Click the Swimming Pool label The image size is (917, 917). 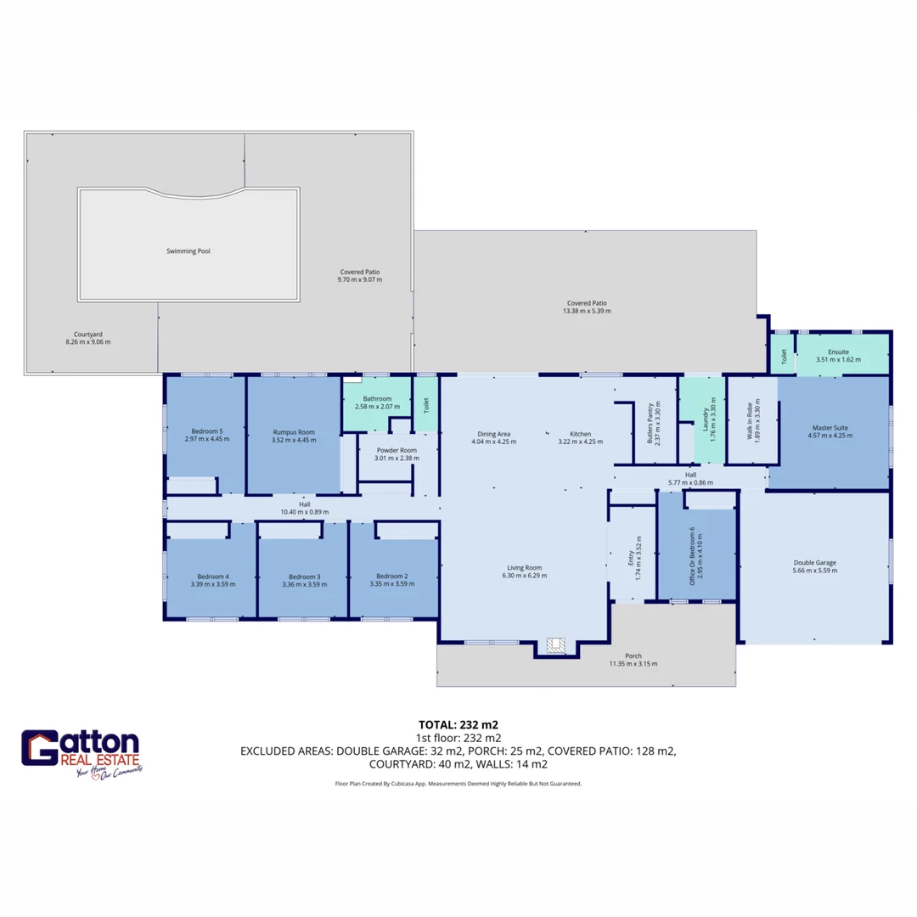(188, 251)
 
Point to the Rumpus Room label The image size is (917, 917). (294, 431)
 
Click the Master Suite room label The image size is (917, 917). (830, 427)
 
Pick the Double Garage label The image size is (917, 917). (815, 562)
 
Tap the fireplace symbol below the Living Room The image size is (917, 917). (556, 646)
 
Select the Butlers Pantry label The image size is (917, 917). (650, 422)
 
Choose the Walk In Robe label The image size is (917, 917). (749, 422)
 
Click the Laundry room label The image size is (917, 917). (705, 422)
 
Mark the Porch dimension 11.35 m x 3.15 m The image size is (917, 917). (633, 664)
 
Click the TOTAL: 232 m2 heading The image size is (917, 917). (458, 725)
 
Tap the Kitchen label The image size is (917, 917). (581, 433)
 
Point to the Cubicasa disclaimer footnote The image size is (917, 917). (458, 784)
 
